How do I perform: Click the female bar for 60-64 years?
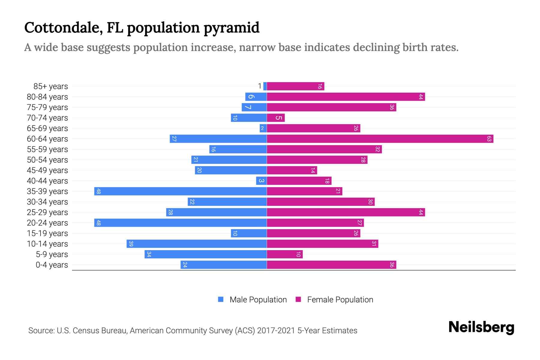[380, 139]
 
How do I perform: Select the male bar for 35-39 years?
[180, 191]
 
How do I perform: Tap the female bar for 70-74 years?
[276, 118]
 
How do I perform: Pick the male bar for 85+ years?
[265, 86]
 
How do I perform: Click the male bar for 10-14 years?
[196, 244]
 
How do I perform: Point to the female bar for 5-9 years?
[285, 254]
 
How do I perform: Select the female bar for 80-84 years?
[346, 97]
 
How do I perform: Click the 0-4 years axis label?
[52, 265]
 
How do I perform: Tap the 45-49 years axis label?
[47, 170]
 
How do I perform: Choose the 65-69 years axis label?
[47, 128]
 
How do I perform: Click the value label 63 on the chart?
[489, 139]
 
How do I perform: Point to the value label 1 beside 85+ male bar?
[259, 86]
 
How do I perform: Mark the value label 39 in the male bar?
[131, 244]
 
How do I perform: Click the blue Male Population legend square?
[221, 299]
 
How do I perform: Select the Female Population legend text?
[340, 299]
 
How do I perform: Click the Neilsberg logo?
[481, 327]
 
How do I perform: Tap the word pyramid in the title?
[231, 28]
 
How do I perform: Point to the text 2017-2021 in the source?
[276, 331]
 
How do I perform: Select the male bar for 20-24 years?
[180, 223]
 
